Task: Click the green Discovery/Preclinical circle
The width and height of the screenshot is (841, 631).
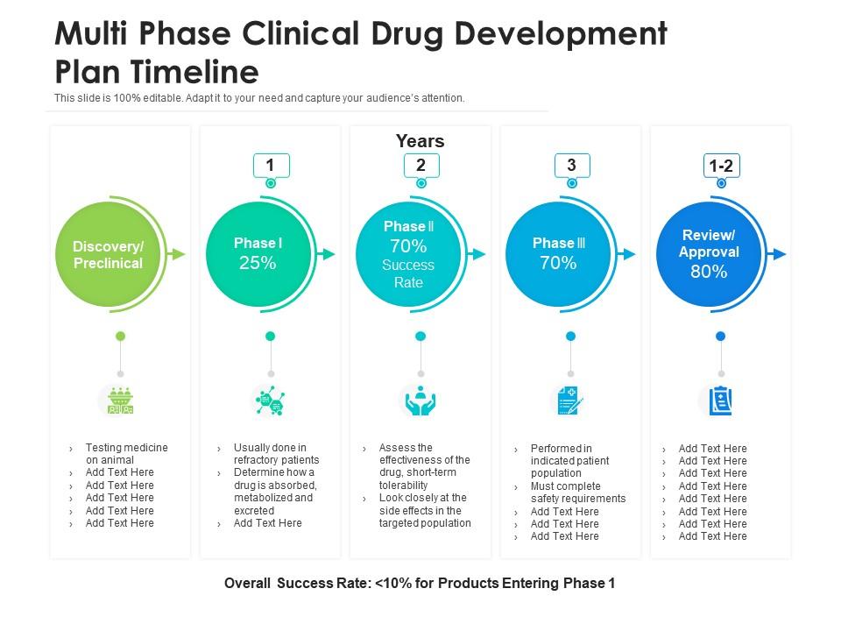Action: (108, 254)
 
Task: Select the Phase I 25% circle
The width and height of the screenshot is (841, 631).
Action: (258, 254)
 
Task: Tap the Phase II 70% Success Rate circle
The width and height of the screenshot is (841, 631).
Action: (408, 254)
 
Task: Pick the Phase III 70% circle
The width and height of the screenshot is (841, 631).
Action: (559, 254)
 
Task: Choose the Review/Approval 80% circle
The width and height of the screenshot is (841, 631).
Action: (709, 254)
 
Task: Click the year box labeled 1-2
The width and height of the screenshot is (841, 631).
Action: (721, 166)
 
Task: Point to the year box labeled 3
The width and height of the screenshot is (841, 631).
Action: (571, 165)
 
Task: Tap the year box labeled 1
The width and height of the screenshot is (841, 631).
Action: (271, 165)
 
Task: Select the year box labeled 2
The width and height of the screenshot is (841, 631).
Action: (420, 165)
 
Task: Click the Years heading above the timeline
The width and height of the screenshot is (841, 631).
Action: (420, 141)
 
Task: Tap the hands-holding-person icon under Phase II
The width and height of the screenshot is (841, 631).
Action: (420, 401)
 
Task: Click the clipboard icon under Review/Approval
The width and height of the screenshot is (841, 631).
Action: (720, 401)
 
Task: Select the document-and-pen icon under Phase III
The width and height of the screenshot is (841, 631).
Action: (569, 401)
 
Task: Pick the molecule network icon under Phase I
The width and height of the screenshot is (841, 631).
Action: (270, 401)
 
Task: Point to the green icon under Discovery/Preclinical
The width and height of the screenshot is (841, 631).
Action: (120, 401)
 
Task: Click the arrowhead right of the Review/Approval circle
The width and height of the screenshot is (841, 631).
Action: (779, 254)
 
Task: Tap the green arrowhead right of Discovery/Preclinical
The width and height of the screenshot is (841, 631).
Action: (179, 254)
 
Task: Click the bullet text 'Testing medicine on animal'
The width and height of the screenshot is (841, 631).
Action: (126, 453)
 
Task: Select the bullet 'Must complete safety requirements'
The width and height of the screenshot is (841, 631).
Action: (577, 493)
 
